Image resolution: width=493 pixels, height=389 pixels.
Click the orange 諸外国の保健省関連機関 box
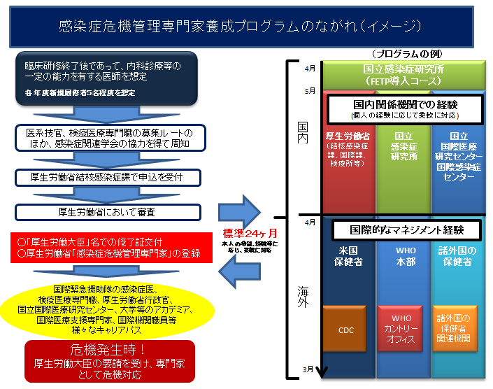pyautogui.click(x=455, y=328)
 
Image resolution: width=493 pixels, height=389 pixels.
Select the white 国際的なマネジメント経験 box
pyautogui.click(x=406, y=229)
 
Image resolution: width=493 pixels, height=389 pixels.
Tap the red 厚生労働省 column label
pyautogui.click(x=348, y=147)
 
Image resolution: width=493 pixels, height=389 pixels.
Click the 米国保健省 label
pyautogui.click(x=347, y=255)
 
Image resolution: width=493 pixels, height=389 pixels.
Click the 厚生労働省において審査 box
pyautogui.click(x=107, y=212)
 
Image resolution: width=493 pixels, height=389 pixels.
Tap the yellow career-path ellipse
pyautogui.click(x=106, y=309)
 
